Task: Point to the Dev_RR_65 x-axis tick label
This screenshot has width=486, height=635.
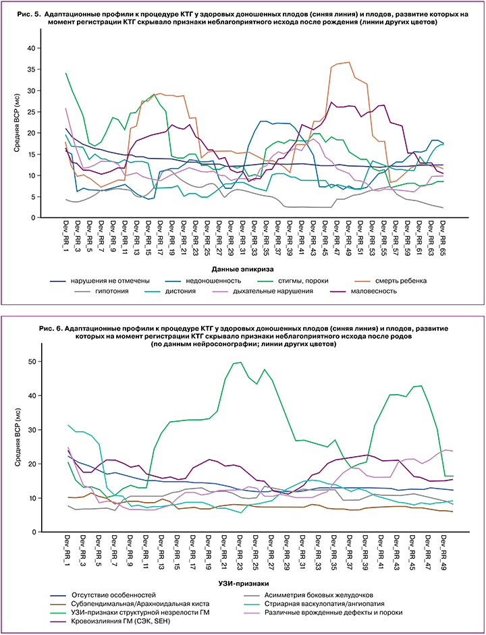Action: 443,233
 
